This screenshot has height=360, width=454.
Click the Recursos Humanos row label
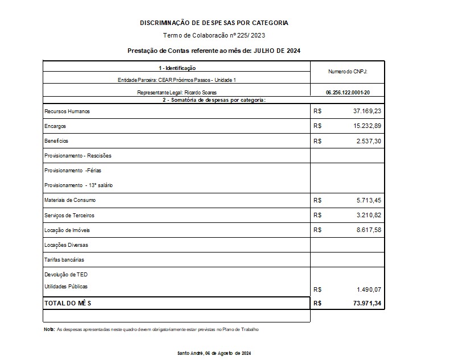click(67, 111)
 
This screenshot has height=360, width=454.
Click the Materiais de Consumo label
click(70, 200)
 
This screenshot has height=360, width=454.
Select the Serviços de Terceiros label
click(69, 216)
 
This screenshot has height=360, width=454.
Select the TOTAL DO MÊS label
click(67, 304)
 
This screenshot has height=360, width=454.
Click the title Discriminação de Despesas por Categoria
click(214, 23)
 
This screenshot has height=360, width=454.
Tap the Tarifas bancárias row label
click(64, 259)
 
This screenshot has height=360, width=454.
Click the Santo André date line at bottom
click(214, 353)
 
